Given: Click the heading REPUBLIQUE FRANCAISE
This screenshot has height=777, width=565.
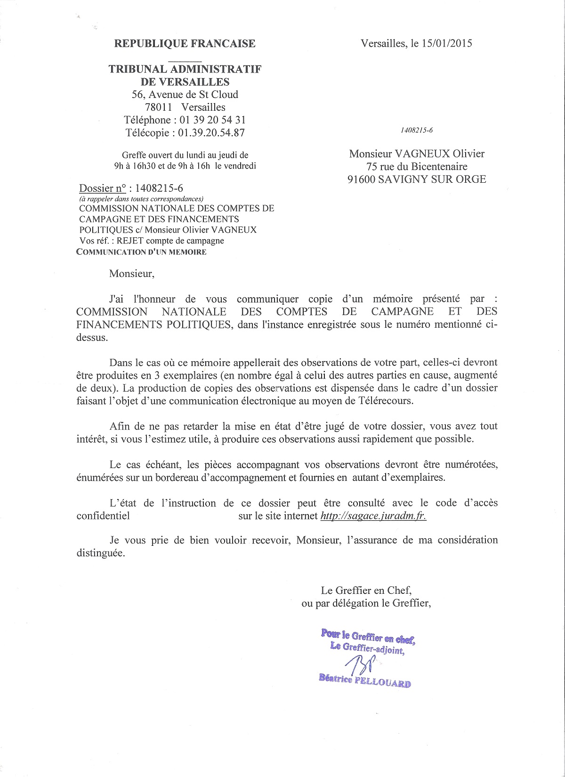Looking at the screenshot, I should (x=185, y=44).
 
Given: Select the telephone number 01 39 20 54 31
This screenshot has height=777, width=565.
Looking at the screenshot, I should (x=212, y=120).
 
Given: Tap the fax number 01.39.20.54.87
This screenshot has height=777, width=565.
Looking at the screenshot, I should (x=211, y=133).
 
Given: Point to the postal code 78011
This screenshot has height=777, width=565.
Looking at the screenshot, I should (x=158, y=107).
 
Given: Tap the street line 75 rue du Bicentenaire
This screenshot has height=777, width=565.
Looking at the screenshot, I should (x=417, y=166).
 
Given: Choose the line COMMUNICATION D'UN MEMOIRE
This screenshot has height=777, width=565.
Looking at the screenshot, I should (x=141, y=251).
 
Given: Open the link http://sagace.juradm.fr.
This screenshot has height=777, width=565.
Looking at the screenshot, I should (x=373, y=516).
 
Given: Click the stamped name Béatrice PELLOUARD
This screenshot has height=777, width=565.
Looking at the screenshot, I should (x=364, y=681).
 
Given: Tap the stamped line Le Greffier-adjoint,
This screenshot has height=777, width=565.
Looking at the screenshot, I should (x=367, y=649).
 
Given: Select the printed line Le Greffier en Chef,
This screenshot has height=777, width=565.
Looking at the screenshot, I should (x=367, y=590).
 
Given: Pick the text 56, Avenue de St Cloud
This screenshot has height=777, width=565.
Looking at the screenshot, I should (x=185, y=95).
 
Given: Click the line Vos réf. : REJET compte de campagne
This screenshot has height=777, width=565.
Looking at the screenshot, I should (x=152, y=241).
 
